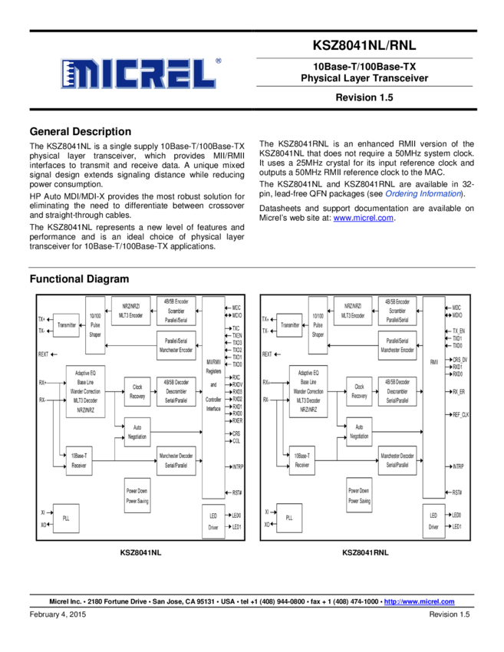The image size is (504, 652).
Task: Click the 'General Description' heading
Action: pos(80,131)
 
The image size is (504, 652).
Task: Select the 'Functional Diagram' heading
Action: pos(79,278)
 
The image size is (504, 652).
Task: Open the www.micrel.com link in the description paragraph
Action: pos(363,218)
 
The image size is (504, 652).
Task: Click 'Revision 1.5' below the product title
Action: pos(364,97)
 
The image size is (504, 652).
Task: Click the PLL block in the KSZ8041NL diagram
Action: pos(64,519)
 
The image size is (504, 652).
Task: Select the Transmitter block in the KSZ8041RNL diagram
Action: pos(290,325)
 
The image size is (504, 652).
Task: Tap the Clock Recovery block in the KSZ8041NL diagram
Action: pos(137,392)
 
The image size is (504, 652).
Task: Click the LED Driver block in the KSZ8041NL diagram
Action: pos(212,522)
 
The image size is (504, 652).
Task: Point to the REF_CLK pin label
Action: pos(461,414)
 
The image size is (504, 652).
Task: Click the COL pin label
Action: pos(236,441)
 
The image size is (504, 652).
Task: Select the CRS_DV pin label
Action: pos(460,360)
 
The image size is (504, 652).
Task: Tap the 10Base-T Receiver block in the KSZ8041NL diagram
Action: pos(78,460)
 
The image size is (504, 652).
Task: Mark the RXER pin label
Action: pos(237,420)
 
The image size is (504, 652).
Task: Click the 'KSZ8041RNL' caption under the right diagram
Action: pos(365,552)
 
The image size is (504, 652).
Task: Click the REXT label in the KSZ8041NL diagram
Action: pos(44,354)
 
